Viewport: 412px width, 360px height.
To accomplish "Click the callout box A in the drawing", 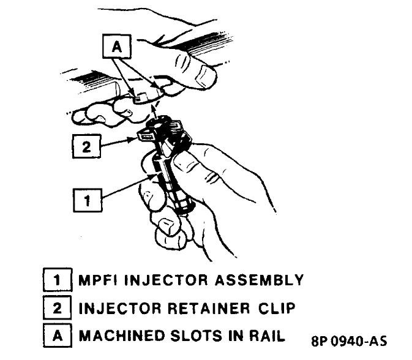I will pyautogui.click(x=114, y=45).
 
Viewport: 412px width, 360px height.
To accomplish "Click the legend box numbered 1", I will pyautogui.click(x=57, y=281).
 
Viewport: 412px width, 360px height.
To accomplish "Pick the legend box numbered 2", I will pyautogui.click(x=57, y=309).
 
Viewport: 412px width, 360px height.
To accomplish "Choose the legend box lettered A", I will pyautogui.click(x=57, y=336).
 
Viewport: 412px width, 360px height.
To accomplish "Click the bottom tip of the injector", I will pyautogui.click(x=181, y=211).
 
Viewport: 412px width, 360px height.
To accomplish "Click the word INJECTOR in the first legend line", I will pyautogui.click(x=162, y=281).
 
